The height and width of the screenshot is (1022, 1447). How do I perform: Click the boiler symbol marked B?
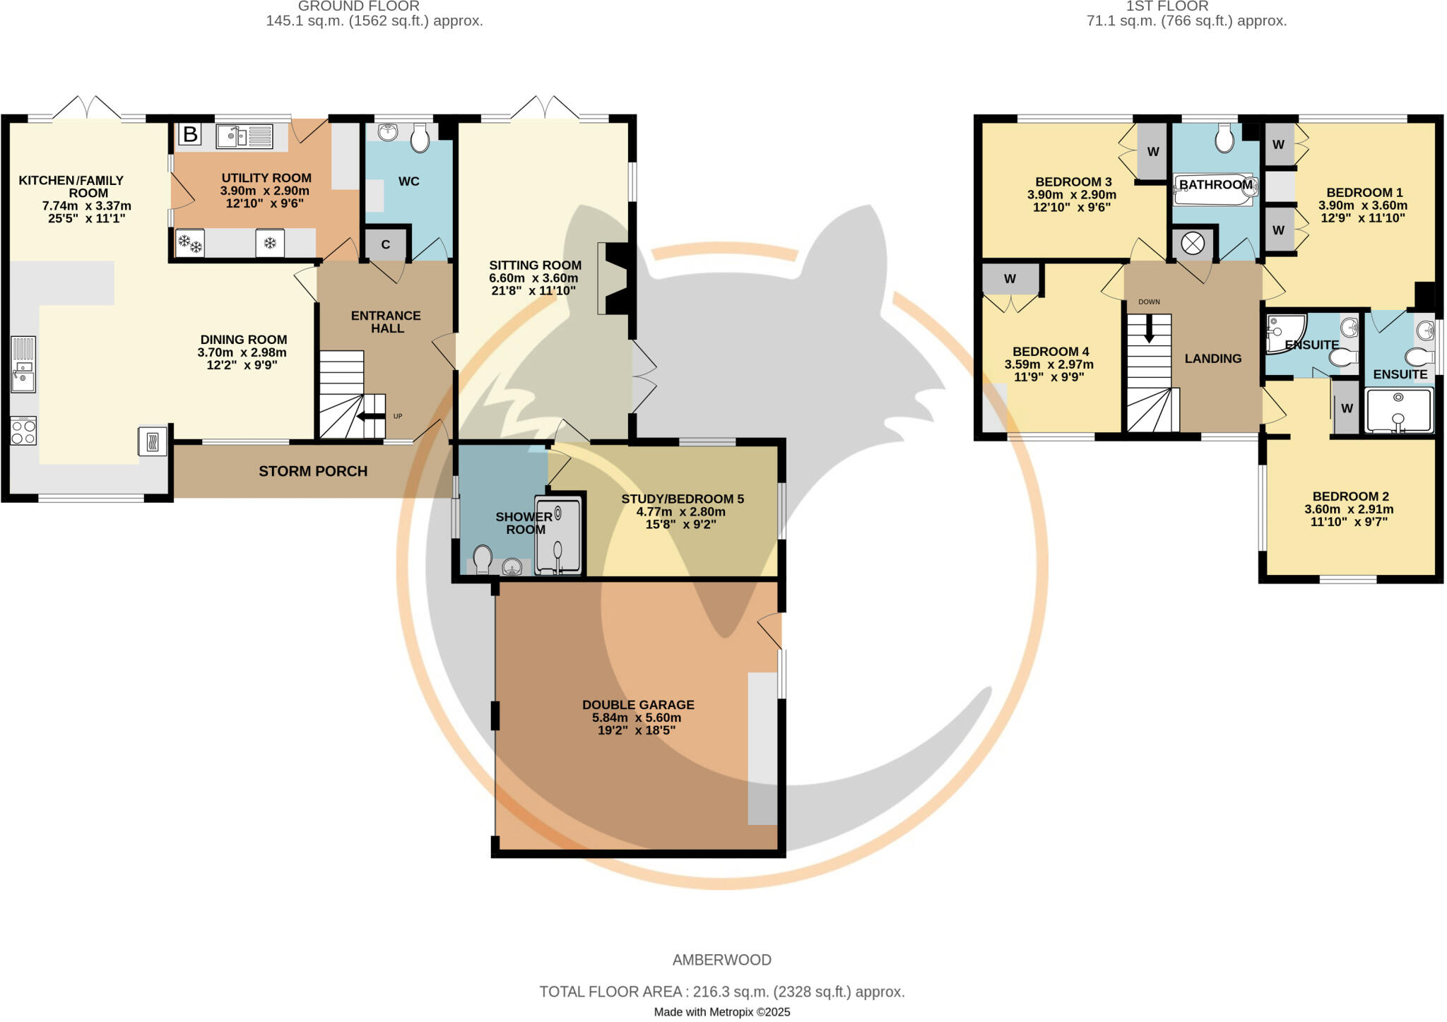(x=190, y=134)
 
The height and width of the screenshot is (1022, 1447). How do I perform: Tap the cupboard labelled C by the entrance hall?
(x=386, y=245)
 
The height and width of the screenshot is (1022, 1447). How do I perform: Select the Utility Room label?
(x=266, y=178)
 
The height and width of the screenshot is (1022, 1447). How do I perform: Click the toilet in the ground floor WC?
(x=420, y=138)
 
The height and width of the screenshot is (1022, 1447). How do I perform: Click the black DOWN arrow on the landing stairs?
(x=1149, y=328)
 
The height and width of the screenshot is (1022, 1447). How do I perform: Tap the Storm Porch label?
(x=313, y=471)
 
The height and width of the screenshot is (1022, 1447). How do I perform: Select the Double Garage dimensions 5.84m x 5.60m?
(x=637, y=718)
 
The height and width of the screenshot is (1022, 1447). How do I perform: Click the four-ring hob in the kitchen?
(x=23, y=431)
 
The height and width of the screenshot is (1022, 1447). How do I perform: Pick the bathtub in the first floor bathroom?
(x=1213, y=189)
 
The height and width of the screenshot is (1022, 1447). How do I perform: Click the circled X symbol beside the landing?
(x=1193, y=244)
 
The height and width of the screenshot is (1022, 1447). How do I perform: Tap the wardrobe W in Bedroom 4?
(x=1010, y=279)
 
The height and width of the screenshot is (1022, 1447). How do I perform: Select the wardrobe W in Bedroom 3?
(x=1152, y=152)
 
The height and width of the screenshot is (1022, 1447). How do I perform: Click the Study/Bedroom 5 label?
(x=682, y=499)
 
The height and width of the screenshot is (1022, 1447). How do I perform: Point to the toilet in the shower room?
(x=483, y=559)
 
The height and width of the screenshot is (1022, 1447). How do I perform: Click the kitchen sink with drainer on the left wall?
(x=23, y=364)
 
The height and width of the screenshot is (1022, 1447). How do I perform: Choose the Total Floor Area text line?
(x=722, y=992)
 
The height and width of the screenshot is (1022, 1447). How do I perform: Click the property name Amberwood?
(x=721, y=960)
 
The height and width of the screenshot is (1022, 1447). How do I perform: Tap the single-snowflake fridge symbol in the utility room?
(x=270, y=243)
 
